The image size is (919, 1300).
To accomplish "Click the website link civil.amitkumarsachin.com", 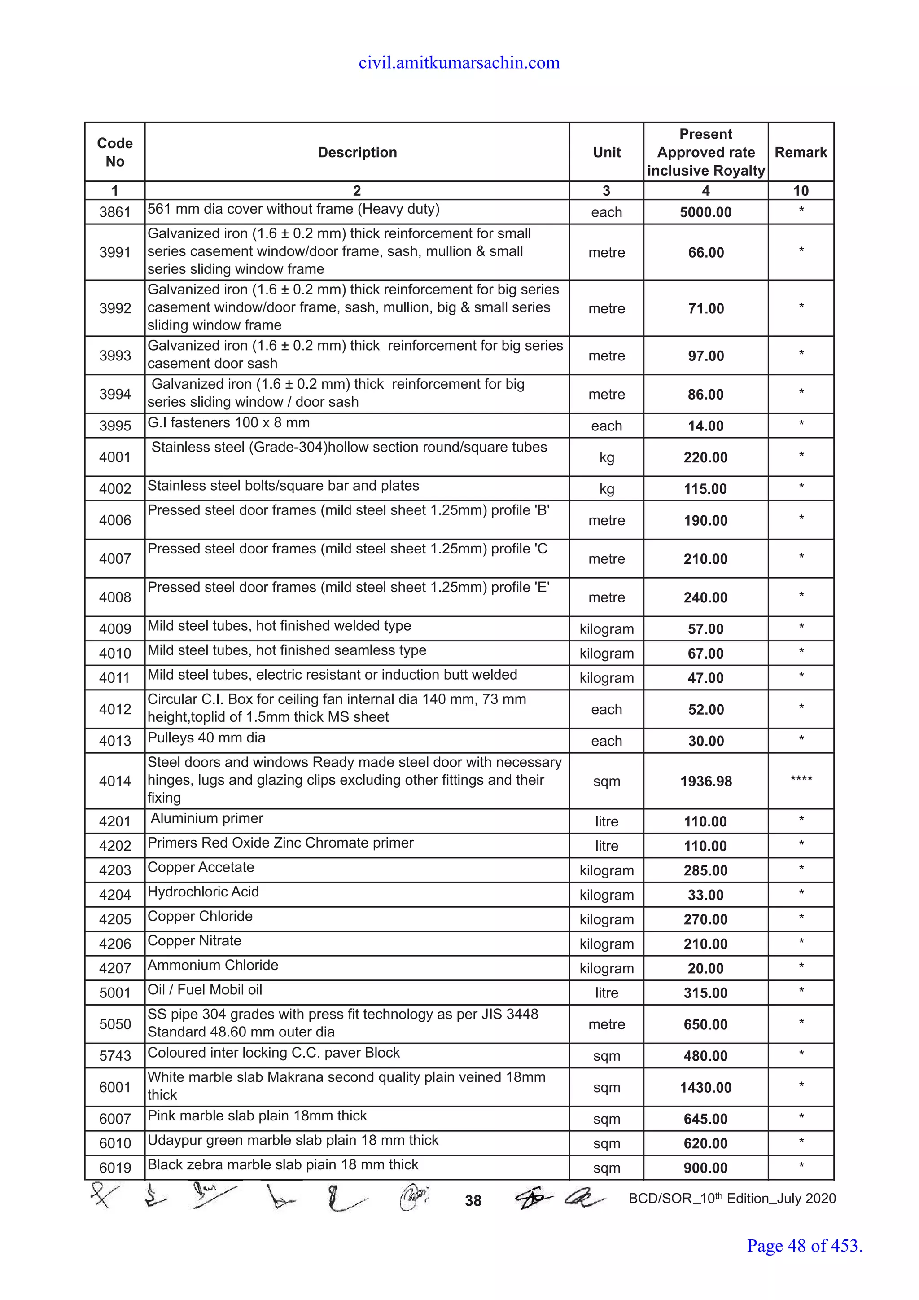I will pyautogui.click(x=459, y=63).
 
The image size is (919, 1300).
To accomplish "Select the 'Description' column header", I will pyautogui.click(x=357, y=152).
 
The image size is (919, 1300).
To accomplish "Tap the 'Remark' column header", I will pyautogui.click(x=800, y=152).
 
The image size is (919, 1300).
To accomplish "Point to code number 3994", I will pyautogui.click(x=115, y=394).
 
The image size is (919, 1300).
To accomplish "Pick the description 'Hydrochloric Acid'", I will pyautogui.click(x=203, y=892).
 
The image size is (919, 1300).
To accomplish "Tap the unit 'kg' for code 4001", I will pyautogui.click(x=606, y=457).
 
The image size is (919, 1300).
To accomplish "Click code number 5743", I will pyautogui.click(x=115, y=1056).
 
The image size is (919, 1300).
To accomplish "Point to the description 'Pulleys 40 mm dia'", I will pyautogui.click(x=206, y=738).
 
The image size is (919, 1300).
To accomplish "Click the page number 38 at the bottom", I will pyautogui.click(x=473, y=1200).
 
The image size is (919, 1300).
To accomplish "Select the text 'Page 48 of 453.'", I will pyautogui.click(x=804, y=1246).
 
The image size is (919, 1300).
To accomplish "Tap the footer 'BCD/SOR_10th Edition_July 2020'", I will pyautogui.click(x=732, y=1199).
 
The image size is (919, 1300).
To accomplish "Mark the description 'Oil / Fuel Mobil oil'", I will pyautogui.click(x=205, y=990).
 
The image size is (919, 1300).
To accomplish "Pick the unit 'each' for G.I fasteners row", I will pyautogui.click(x=606, y=426).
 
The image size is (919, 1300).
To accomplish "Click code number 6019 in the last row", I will pyautogui.click(x=115, y=1168).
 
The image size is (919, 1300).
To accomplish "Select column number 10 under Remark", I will pyautogui.click(x=800, y=191).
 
